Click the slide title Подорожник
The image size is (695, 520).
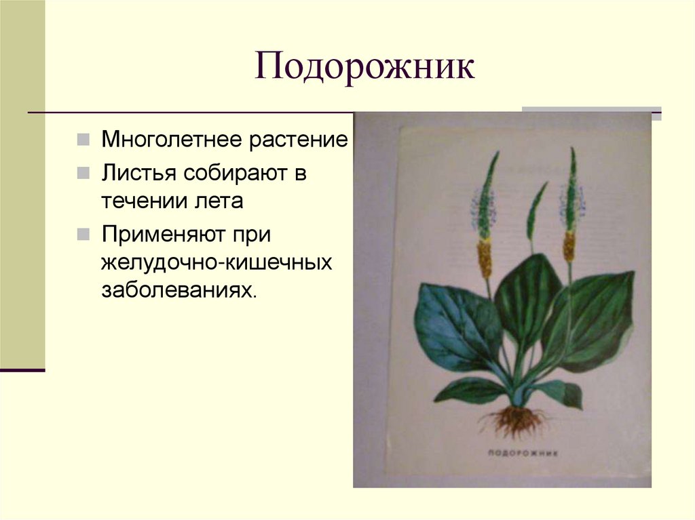click(364, 68)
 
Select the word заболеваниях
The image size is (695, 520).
click(179, 292)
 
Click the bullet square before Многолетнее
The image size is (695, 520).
click(81, 141)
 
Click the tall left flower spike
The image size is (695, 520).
click(485, 217)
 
